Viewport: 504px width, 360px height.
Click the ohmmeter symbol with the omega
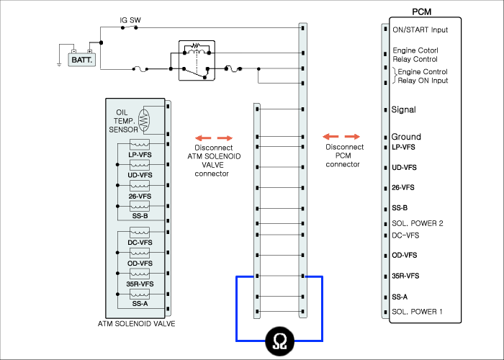pyautogui.click(x=279, y=341)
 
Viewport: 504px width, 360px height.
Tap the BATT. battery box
pyautogui.click(x=81, y=60)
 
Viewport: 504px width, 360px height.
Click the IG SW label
pyautogui.click(x=130, y=20)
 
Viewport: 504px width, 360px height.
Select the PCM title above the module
pyautogui.click(x=421, y=12)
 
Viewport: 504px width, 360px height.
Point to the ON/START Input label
pyautogui.click(x=420, y=30)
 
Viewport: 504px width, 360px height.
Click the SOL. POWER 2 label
pyautogui.click(x=417, y=223)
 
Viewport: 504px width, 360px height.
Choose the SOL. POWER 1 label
pyautogui.click(x=417, y=312)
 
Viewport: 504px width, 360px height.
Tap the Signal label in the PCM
pyautogui.click(x=403, y=109)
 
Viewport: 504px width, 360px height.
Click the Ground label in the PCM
pyautogui.click(x=406, y=137)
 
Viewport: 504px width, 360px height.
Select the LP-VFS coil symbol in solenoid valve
pyautogui.click(x=140, y=144)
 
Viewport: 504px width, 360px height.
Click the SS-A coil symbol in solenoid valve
pyautogui.click(x=140, y=294)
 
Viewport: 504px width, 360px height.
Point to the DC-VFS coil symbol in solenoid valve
pyautogui.click(x=140, y=232)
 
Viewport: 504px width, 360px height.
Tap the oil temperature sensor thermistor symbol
pyautogui.click(x=144, y=120)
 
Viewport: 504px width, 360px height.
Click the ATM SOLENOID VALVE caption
pyautogui.click(x=136, y=324)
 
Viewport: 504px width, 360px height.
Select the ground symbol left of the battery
pyautogui.click(x=59, y=65)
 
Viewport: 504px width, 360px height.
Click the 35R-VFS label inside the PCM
pyautogui.click(x=405, y=276)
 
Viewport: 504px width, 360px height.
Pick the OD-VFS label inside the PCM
pyautogui.click(x=405, y=255)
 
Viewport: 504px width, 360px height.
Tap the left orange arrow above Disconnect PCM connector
pyautogui.click(x=330, y=137)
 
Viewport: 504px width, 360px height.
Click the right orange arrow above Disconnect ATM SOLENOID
pyautogui.click(x=225, y=138)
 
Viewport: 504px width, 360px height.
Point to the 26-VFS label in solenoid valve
pyautogui.click(x=140, y=196)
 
